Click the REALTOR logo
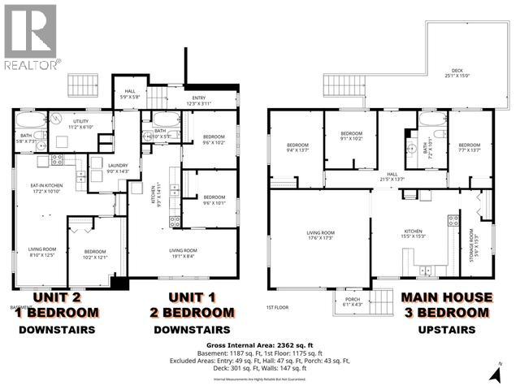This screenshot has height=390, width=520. point(30,36)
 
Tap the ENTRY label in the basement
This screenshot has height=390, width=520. point(199,102)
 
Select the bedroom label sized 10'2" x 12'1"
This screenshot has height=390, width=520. point(94,254)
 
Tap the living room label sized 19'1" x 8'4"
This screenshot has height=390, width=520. point(184,253)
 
